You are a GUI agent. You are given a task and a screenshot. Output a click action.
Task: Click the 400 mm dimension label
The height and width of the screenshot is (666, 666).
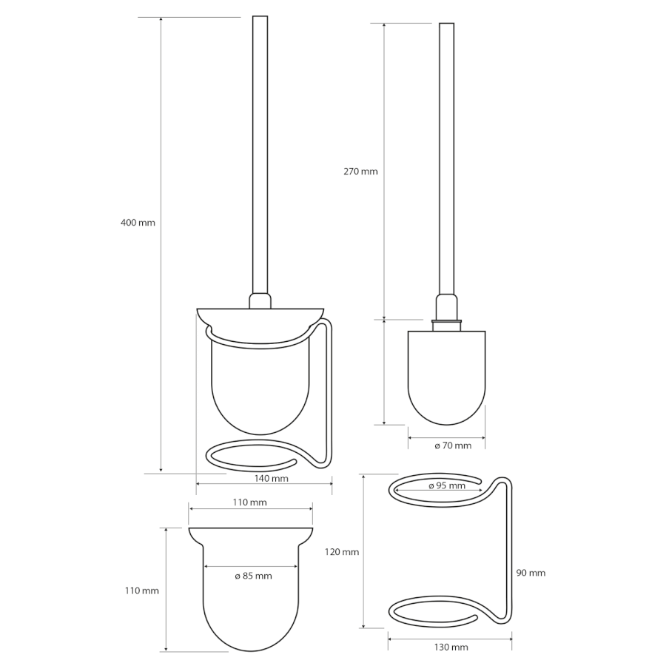click(x=138, y=223)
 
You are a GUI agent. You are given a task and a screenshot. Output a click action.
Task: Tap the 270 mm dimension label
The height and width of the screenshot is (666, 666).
click(x=360, y=172)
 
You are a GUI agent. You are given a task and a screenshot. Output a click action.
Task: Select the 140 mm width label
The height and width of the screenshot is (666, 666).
click(x=272, y=479)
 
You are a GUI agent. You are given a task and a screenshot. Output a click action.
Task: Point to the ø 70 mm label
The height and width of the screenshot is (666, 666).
click(x=453, y=445)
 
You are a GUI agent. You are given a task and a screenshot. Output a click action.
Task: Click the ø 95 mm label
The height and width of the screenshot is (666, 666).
click(x=447, y=486)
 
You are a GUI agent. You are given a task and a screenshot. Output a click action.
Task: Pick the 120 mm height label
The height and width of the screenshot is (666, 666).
click(x=342, y=552)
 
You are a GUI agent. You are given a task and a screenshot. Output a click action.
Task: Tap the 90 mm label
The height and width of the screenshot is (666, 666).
click(x=531, y=573)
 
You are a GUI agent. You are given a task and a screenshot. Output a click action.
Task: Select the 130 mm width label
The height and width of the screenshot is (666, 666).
click(x=451, y=647)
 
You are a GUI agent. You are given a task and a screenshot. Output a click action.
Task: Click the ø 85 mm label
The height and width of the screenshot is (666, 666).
click(x=254, y=576)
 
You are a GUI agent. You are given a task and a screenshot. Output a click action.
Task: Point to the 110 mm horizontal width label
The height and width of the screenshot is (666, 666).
click(x=250, y=502)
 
